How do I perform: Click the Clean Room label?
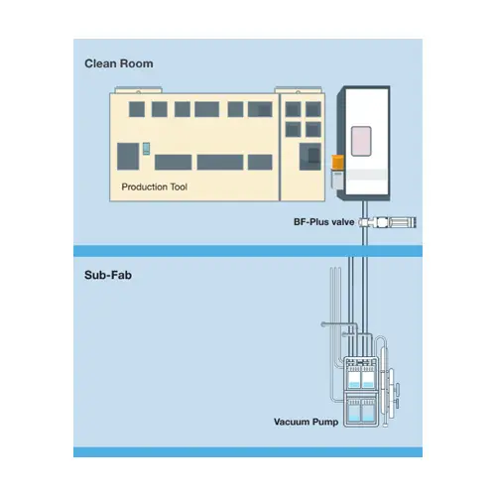[119, 63]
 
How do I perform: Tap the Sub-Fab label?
[108, 275]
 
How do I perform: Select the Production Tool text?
[154, 186]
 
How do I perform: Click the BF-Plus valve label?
[323, 222]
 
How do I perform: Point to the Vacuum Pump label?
[306, 422]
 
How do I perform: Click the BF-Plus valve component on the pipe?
[388, 222]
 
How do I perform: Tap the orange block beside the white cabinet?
[337, 163]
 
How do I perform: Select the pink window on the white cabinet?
[361, 141]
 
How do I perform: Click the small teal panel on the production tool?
[146, 149]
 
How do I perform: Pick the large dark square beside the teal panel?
[128, 157]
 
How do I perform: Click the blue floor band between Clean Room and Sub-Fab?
[248, 251]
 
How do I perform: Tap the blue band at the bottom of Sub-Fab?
[248, 452]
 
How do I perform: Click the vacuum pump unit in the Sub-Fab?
[361, 392]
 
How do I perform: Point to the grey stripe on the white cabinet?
[366, 175]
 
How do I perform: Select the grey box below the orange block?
[337, 180]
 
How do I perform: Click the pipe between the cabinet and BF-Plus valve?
[365, 208]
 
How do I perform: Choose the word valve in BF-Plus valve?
[343, 222]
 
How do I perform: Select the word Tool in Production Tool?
[179, 186]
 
